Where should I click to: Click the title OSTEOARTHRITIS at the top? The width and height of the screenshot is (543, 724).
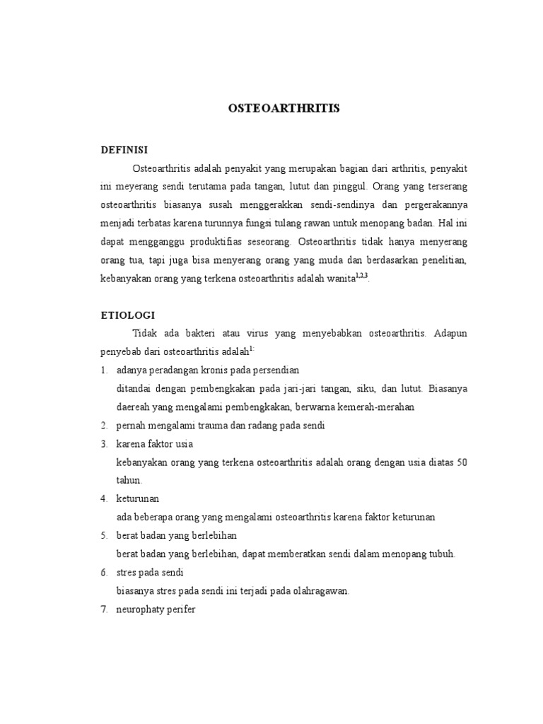284,108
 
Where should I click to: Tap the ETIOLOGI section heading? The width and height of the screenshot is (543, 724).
128,315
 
